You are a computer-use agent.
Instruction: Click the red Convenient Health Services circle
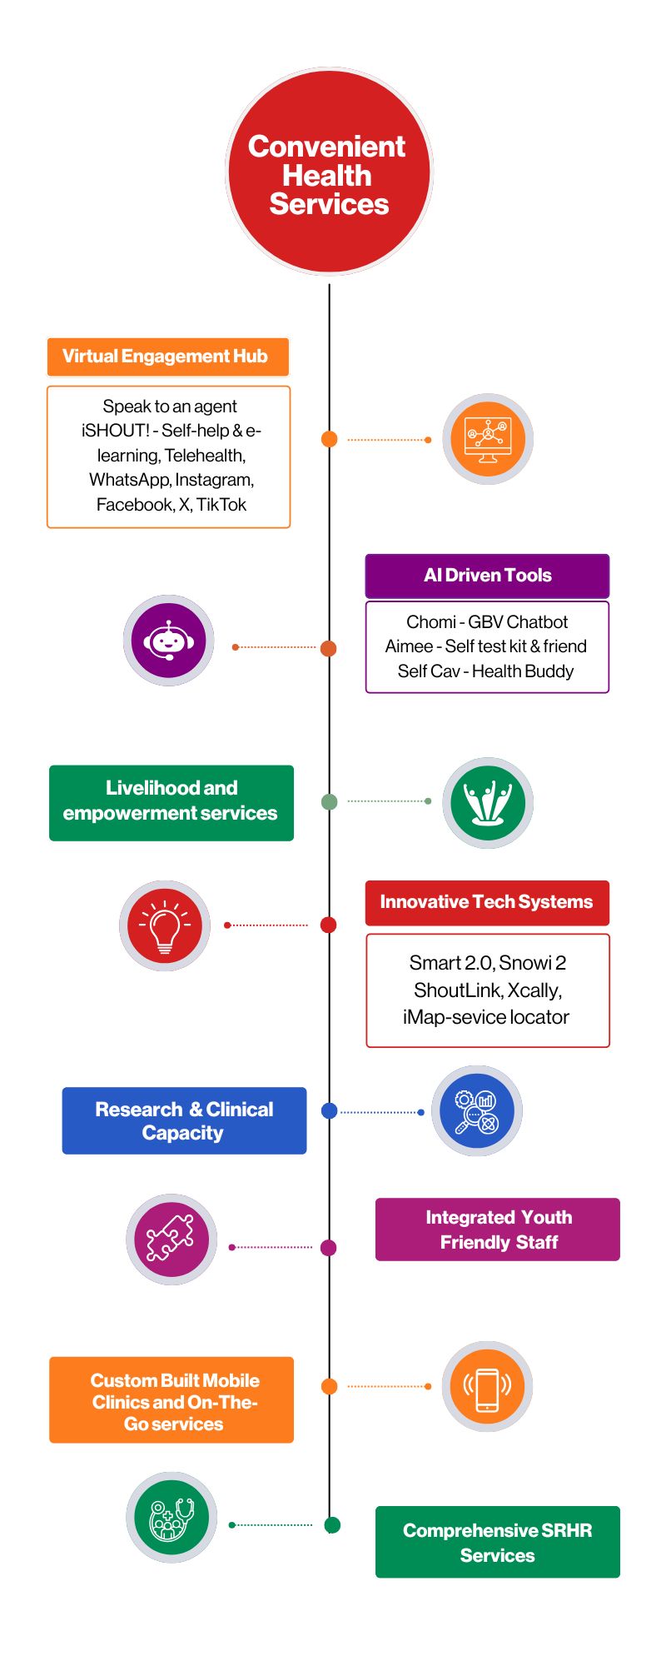[329, 172]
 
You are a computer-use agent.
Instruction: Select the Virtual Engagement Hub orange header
[167, 357]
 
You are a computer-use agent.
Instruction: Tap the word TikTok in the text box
[221, 505]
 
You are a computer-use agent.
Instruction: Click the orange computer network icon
[487, 439]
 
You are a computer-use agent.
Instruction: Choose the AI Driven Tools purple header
[487, 576]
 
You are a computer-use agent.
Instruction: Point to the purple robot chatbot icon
[169, 641]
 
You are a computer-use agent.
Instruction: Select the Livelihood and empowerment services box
[171, 802]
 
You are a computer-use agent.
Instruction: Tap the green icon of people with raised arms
[487, 802]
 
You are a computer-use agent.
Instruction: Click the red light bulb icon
[165, 925]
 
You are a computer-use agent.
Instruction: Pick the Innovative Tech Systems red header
[487, 903]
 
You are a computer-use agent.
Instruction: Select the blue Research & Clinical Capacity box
[184, 1120]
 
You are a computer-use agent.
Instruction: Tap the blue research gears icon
[476, 1111]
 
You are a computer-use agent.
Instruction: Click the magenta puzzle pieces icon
[171, 1239]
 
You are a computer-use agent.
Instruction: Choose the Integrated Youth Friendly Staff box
[498, 1230]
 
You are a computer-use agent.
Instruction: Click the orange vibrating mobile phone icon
[487, 1386]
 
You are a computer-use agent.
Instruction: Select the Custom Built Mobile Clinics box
[171, 1400]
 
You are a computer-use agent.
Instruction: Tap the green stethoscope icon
[171, 1517]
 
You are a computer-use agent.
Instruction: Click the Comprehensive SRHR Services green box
[498, 1542]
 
